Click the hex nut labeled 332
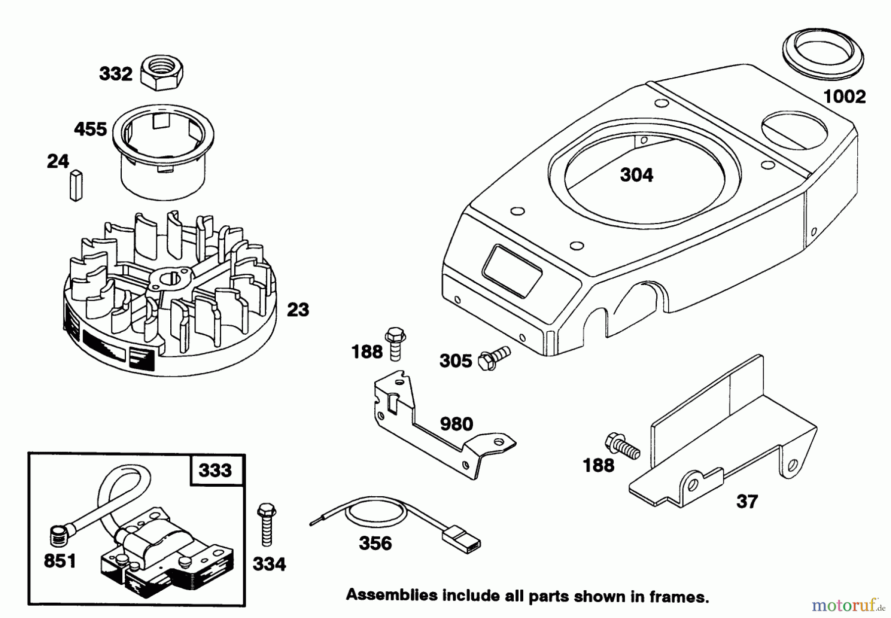pyautogui.click(x=162, y=73)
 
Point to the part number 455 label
pyautogui.click(x=90, y=129)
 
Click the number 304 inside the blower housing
pyautogui.click(x=637, y=175)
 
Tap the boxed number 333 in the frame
pyautogui.click(x=215, y=469)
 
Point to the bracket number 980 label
pyautogui.click(x=456, y=424)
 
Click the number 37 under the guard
pyautogui.click(x=747, y=502)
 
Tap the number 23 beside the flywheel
pyautogui.click(x=297, y=310)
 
